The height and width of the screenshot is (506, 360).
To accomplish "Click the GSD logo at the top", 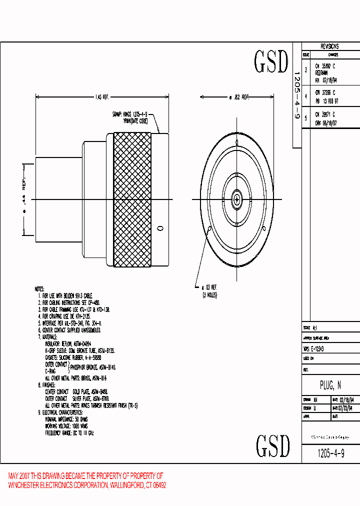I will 271,62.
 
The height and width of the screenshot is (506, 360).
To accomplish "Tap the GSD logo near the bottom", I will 273,445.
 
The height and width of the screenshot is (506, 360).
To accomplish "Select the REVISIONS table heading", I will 329,46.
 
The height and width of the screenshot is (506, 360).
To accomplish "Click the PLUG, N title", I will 330,385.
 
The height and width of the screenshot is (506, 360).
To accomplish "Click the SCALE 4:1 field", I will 310,328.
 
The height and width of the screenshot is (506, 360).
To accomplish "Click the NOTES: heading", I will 39,289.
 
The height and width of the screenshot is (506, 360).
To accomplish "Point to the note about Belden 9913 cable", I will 65,296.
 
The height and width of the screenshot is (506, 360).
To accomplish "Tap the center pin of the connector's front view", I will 236,199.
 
